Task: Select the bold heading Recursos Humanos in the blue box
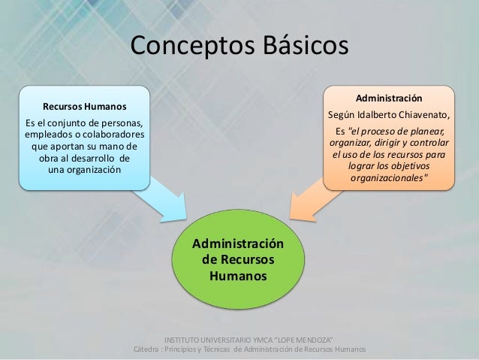(x=84, y=105)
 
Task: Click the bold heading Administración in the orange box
(x=388, y=98)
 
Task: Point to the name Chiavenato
(x=420, y=114)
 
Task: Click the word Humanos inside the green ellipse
(x=238, y=276)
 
